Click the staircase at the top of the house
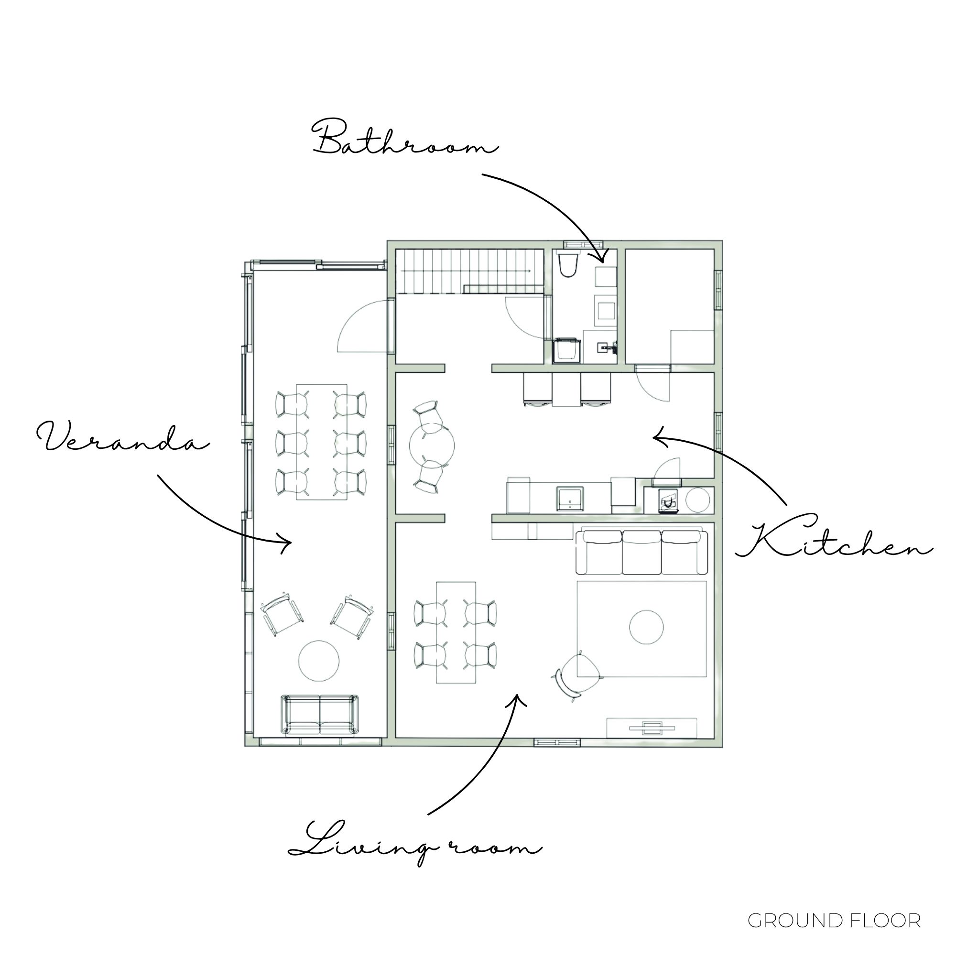469,271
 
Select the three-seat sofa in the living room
643,552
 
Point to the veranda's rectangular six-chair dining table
322,441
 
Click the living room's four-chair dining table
456,632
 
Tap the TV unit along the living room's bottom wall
652,727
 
